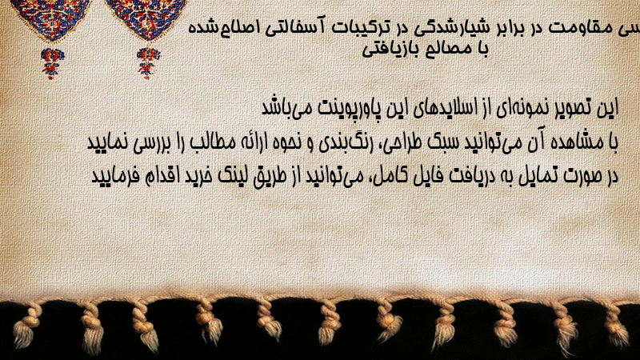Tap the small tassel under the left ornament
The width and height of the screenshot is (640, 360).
point(52,63)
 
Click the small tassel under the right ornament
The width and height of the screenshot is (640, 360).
point(148,63)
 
